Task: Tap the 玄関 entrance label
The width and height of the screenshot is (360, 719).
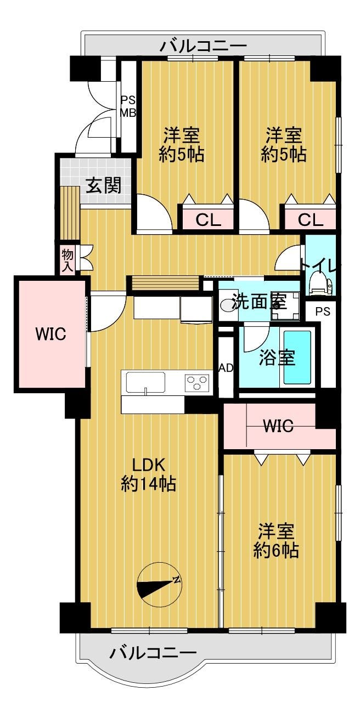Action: [103, 185]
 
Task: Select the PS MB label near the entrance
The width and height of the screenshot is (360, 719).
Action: [128, 106]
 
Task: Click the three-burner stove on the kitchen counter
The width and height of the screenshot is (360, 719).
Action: [197, 383]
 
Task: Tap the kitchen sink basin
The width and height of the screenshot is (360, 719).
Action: [145, 382]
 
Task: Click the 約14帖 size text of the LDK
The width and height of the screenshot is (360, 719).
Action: [148, 484]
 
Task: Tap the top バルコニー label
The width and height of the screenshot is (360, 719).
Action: [203, 47]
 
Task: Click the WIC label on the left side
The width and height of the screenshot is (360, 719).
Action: [50, 334]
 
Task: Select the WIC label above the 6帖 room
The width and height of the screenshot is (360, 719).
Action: [278, 426]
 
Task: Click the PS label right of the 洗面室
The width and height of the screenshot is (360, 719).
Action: [323, 312]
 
